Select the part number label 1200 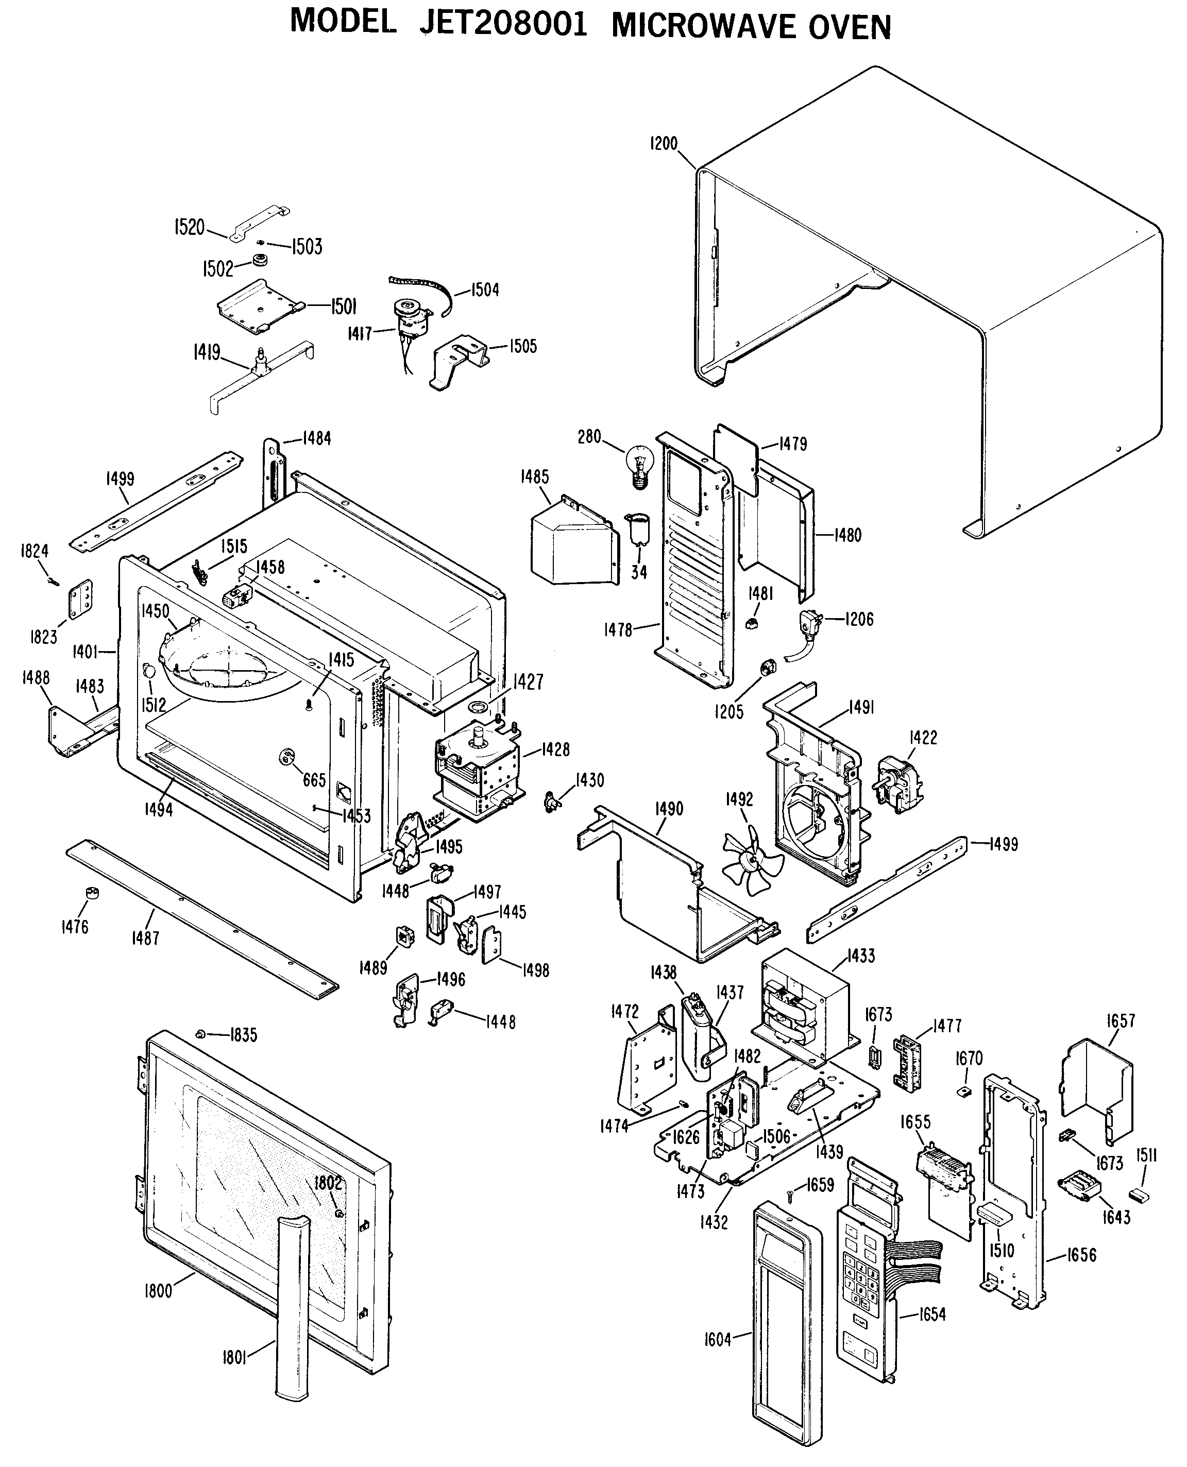[663, 144]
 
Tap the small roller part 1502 [260, 261]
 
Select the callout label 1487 [145, 938]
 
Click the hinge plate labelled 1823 [81, 600]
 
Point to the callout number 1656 [1081, 1254]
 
